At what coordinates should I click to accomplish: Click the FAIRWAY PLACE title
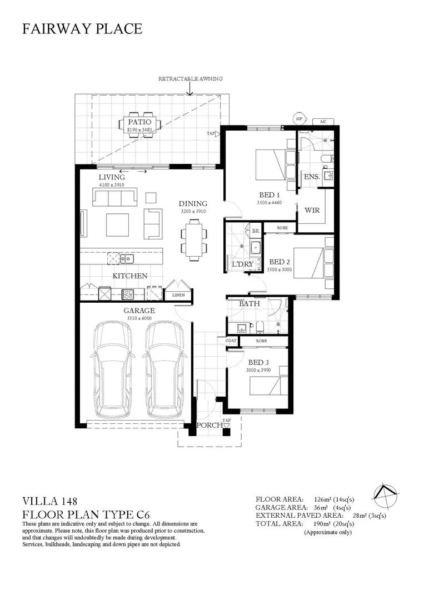(82, 29)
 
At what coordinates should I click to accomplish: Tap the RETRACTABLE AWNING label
(191, 79)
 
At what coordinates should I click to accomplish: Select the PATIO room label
(139, 122)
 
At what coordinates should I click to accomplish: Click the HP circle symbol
(300, 119)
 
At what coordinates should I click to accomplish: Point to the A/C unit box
(323, 122)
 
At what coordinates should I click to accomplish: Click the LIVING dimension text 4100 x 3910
(112, 185)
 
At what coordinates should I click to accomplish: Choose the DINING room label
(193, 203)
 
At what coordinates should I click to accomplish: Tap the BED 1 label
(270, 195)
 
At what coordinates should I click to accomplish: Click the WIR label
(312, 210)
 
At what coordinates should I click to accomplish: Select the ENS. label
(312, 177)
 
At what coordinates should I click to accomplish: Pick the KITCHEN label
(130, 276)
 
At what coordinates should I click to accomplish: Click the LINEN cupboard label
(178, 295)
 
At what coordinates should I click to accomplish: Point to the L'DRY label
(243, 264)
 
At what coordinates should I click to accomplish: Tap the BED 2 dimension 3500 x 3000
(280, 269)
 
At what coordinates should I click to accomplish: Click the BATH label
(250, 303)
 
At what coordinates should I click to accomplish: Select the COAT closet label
(231, 341)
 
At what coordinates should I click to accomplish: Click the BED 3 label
(259, 362)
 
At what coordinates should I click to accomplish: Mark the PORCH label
(209, 425)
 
